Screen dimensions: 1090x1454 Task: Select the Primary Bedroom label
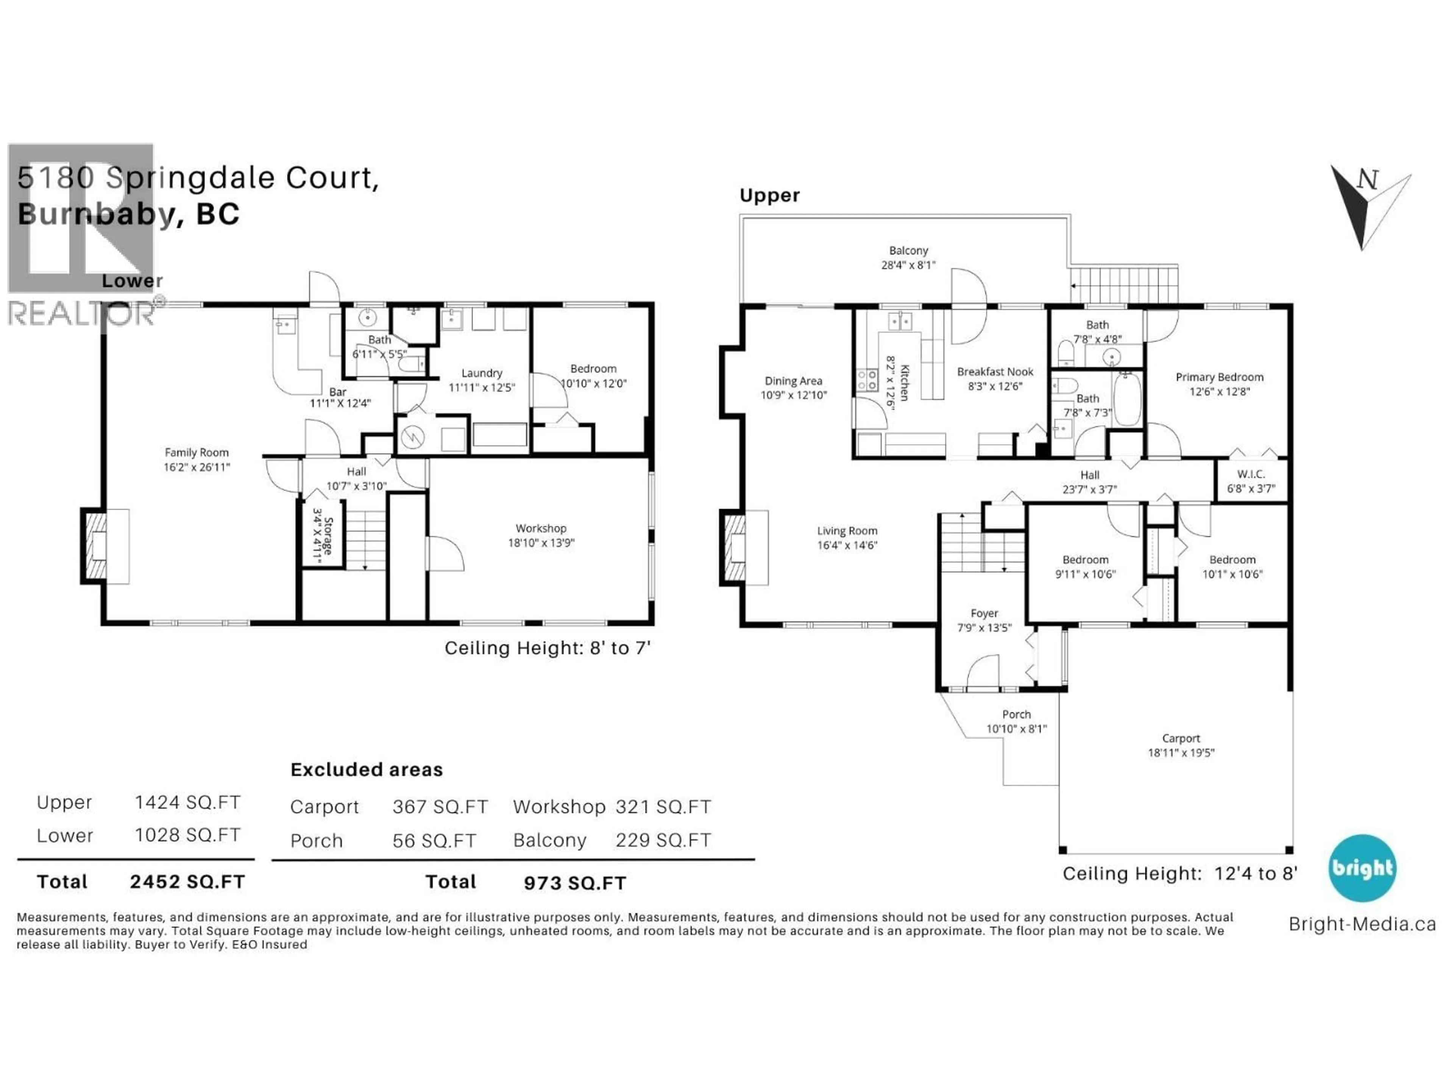coord(1219,377)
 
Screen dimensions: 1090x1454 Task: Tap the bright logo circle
coord(1362,868)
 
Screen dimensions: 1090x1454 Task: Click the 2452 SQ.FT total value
coord(187,882)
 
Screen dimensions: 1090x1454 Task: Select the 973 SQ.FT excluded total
coord(574,883)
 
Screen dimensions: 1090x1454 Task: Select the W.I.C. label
coord(1250,474)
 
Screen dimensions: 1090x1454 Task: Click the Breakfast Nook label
coord(995,372)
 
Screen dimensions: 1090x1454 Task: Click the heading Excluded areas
coord(366,770)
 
